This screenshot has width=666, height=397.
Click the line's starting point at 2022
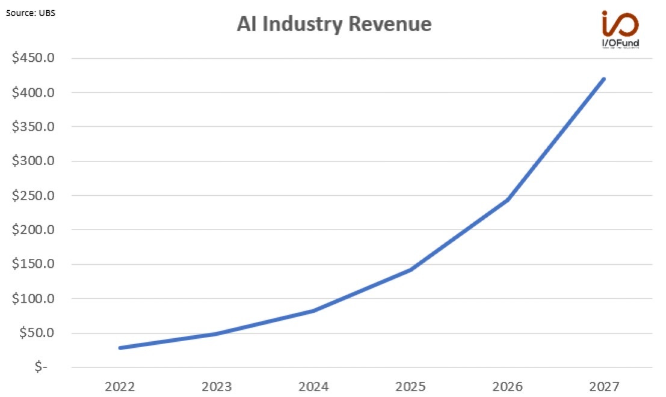coord(120,348)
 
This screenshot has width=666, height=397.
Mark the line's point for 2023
coord(217,333)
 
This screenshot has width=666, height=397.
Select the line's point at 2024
coord(313,311)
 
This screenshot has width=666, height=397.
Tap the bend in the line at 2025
coord(410,270)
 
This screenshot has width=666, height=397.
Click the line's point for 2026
coord(507,200)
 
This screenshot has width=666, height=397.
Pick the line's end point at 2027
coord(603,79)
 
